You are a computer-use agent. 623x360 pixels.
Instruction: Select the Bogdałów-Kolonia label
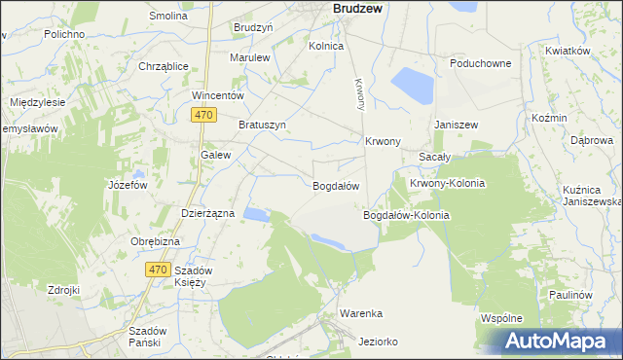406,215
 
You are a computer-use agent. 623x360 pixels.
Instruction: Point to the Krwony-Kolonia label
447,183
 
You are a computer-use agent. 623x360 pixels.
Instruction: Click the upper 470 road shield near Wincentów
203,116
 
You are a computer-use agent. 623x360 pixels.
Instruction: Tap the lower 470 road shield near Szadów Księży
159,269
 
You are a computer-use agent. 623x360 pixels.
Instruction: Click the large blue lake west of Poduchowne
411,86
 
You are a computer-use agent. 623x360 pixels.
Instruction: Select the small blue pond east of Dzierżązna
255,214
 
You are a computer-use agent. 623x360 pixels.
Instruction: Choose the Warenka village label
360,313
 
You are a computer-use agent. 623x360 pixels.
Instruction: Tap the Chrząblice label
164,66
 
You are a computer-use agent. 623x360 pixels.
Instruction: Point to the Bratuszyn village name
262,125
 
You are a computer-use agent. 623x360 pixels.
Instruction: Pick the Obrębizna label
156,241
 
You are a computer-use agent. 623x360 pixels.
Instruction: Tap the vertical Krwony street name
359,93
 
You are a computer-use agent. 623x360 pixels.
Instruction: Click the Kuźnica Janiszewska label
592,195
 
